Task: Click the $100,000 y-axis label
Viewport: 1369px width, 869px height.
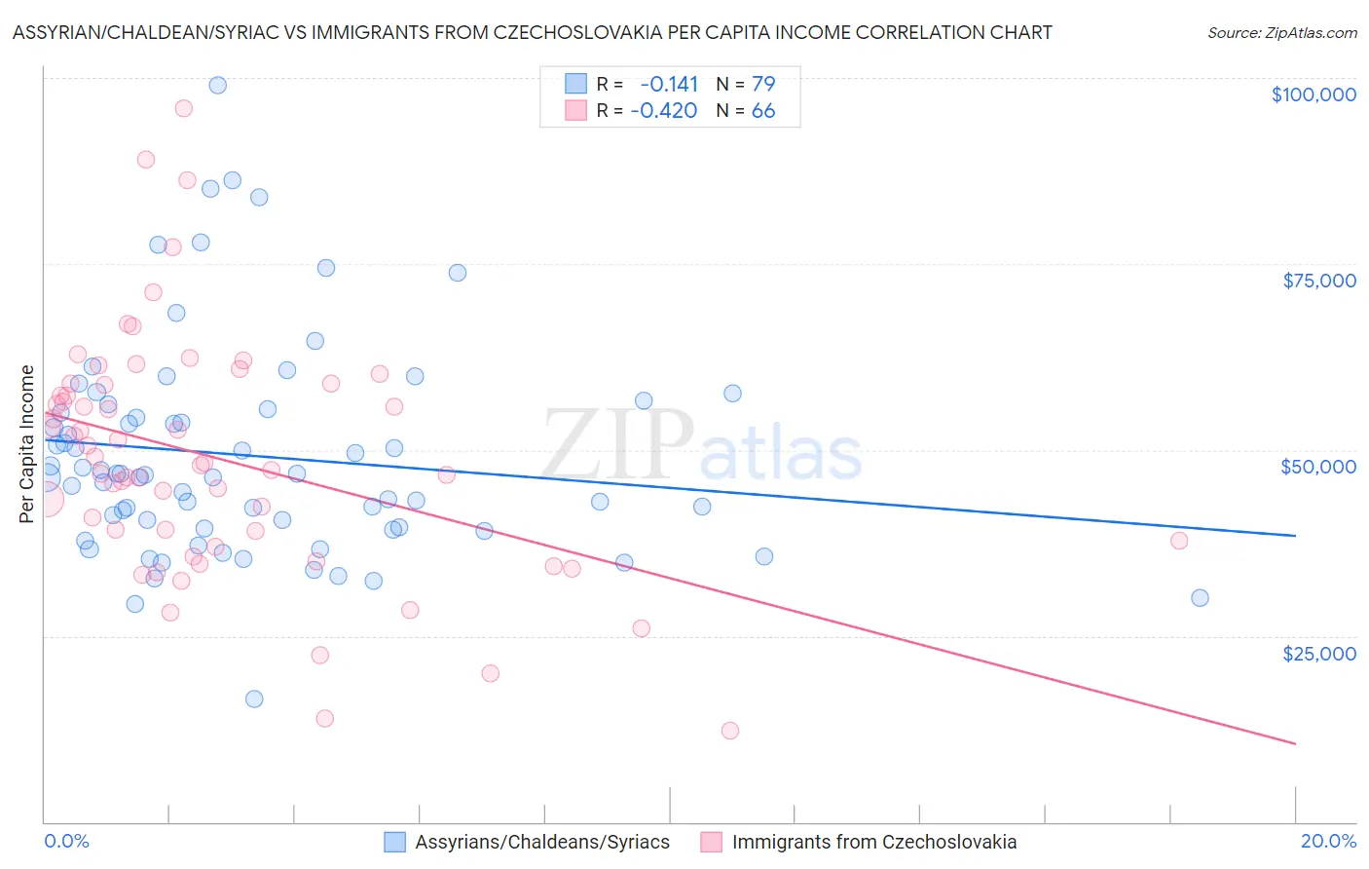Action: pos(1313,94)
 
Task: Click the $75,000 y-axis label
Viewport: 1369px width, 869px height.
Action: pos(1318,281)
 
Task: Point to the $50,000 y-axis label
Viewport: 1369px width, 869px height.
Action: pos(1317,467)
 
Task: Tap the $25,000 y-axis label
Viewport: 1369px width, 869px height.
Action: pos(1318,653)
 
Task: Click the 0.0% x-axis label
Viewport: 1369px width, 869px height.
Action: pos(66,841)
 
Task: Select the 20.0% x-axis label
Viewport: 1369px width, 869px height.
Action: pos(1328,841)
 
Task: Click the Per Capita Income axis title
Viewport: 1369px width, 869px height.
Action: pos(27,443)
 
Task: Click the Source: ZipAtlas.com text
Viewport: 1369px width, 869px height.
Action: pos(1281,32)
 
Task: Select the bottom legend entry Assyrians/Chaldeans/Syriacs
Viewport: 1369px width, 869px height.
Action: pos(541,842)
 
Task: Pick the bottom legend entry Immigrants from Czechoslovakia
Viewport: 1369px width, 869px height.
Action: pos(873,842)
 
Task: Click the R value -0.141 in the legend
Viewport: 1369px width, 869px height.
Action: pos(668,84)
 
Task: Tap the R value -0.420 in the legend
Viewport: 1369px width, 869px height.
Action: pos(664,111)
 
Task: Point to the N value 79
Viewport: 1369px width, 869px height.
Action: pos(763,84)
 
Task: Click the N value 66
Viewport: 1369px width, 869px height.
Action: pos(763,111)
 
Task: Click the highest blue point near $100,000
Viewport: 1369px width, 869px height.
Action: pos(218,86)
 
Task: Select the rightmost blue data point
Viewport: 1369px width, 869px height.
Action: pos(1200,598)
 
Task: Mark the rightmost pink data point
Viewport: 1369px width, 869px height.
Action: pos(1179,541)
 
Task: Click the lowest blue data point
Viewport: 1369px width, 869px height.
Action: pos(254,699)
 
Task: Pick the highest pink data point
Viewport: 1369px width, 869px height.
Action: pos(183,108)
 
